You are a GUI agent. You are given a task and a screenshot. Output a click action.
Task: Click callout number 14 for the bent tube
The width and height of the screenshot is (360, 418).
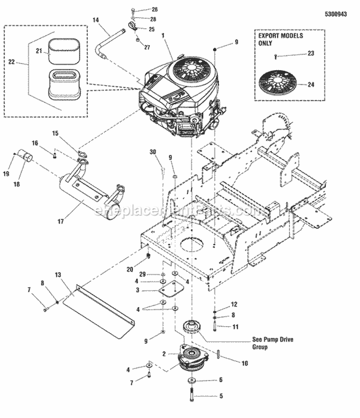(x=95, y=20)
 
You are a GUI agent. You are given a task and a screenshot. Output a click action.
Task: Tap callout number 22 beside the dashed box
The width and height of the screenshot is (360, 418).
(x=12, y=61)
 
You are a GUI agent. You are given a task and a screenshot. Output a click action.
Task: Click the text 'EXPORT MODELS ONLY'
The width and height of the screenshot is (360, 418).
(x=275, y=39)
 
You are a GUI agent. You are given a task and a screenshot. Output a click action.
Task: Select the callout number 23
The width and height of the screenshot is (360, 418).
(x=311, y=53)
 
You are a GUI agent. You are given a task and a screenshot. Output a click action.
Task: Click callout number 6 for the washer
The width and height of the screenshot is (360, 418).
(x=221, y=380)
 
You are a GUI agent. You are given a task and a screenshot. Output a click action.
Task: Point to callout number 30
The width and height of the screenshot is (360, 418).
(x=153, y=152)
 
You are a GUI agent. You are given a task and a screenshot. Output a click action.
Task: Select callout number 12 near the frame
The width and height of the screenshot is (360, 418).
(x=234, y=304)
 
